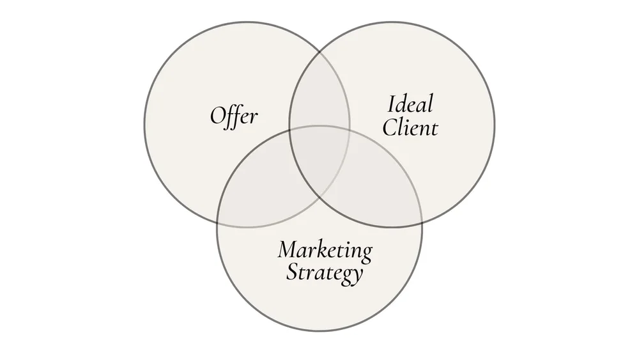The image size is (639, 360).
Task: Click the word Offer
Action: (x=234, y=117)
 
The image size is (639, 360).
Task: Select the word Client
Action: (x=410, y=127)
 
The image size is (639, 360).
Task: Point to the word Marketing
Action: (x=325, y=250)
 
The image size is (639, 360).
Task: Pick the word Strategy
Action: (x=324, y=273)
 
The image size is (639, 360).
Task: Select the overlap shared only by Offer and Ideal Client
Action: (x=319, y=96)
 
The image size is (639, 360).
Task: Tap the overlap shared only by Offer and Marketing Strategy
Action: (x=262, y=192)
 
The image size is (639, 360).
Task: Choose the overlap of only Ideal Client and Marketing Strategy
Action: (x=377, y=192)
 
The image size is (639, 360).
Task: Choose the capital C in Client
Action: (x=388, y=127)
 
